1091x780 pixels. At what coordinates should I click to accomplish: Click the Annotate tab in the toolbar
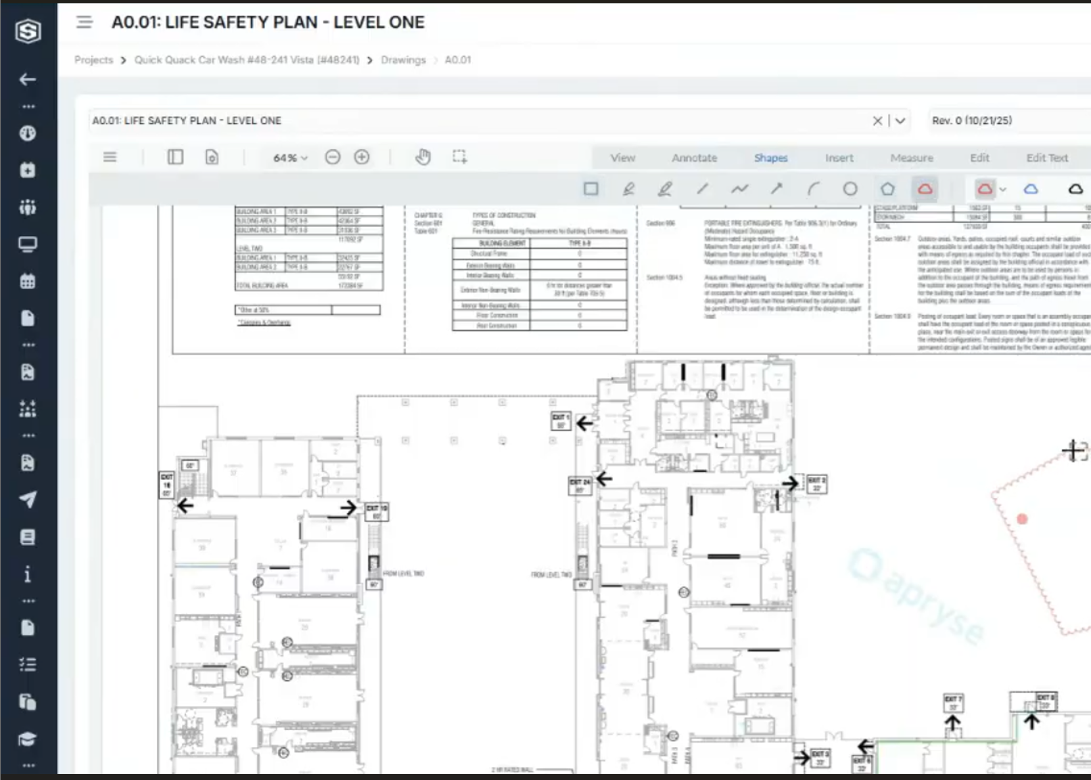point(694,158)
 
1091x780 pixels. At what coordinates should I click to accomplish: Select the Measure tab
point(911,158)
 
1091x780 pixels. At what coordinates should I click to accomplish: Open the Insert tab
point(839,158)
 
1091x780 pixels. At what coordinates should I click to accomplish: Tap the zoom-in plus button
point(361,157)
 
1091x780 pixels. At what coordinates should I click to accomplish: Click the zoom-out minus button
point(333,157)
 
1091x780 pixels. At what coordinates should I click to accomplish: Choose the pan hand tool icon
point(423,157)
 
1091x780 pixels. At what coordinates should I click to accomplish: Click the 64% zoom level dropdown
point(290,158)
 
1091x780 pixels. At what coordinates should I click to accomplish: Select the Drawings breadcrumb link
point(403,60)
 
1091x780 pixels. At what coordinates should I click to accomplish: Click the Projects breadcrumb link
point(93,60)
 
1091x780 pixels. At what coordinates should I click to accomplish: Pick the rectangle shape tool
point(591,189)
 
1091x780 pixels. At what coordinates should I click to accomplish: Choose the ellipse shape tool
point(850,189)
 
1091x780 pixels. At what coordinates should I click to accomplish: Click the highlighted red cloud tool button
point(925,189)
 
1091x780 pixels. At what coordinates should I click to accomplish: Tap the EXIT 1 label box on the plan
point(560,420)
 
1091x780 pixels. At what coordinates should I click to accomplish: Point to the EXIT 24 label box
point(579,485)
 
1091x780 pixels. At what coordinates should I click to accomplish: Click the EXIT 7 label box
point(952,703)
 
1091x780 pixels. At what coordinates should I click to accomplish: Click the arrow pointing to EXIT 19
point(348,508)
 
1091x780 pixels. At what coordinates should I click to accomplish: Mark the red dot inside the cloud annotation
point(1022,519)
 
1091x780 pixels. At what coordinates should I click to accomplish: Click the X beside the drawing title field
point(877,121)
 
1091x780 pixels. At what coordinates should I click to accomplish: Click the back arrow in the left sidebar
point(28,79)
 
